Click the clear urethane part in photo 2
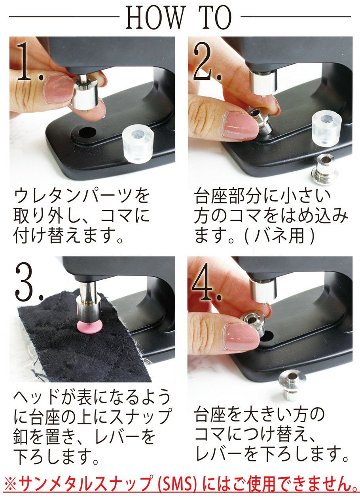(x=326, y=129)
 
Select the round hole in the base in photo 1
(x=87, y=133)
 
